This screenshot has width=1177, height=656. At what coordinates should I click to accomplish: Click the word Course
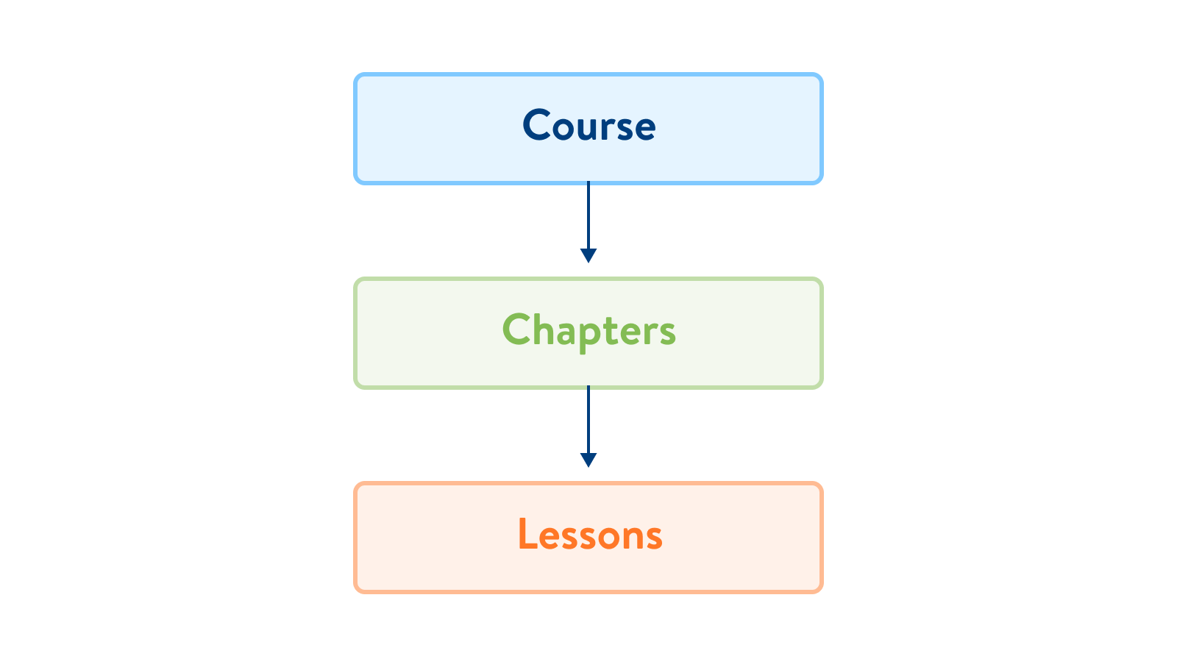pos(588,124)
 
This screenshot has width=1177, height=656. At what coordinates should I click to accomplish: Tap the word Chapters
pos(588,331)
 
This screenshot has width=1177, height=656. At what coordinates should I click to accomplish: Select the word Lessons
pos(589,534)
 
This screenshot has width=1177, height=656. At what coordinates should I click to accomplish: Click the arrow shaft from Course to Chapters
pos(588,215)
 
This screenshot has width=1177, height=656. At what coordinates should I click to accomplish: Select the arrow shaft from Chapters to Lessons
pos(588,420)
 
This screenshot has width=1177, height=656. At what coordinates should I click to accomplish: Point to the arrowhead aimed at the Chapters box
pos(588,255)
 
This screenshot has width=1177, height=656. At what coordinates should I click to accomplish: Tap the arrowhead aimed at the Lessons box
pos(588,460)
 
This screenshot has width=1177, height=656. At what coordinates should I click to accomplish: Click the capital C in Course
pos(536,124)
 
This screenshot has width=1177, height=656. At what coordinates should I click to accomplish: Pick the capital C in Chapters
pos(516,329)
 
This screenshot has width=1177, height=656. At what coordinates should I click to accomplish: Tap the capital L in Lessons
pos(527,533)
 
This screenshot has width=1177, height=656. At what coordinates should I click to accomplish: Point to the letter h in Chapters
pos(544,328)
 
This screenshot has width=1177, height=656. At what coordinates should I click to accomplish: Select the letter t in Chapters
pos(615,331)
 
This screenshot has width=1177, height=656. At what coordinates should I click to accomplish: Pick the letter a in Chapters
pos(567,334)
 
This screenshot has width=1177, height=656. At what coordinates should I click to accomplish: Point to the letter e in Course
pos(644,129)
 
